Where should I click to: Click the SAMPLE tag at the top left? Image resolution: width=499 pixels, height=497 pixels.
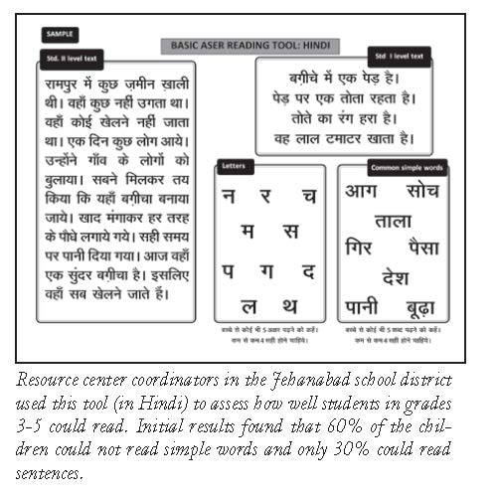[59, 33]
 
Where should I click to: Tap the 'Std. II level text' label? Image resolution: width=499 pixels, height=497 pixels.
[72, 61]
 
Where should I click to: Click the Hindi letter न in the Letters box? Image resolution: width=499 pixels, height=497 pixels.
[231, 197]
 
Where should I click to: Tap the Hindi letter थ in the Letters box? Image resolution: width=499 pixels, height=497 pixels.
[288, 305]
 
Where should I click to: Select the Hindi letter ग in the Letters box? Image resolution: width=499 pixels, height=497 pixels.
[268, 269]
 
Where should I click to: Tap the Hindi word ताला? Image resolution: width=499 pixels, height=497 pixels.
[394, 220]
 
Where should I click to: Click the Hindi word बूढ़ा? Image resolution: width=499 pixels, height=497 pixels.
[425, 306]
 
